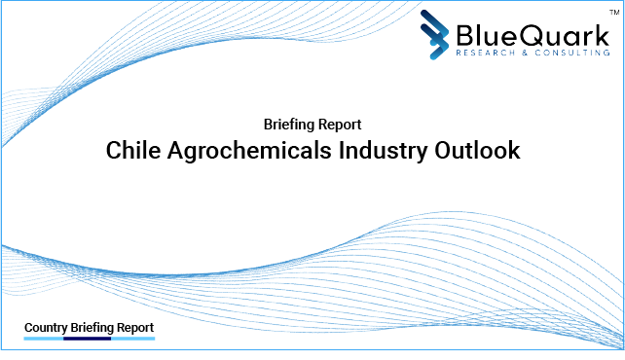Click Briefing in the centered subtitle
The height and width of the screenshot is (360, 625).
(x=289, y=125)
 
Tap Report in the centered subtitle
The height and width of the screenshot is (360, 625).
(x=340, y=125)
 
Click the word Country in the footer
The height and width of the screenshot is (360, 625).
(x=45, y=328)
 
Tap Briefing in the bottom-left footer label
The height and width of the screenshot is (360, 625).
(x=90, y=328)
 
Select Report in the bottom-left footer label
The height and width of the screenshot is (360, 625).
(x=133, y=328)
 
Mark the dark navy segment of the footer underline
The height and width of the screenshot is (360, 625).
(x=87, y=340)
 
